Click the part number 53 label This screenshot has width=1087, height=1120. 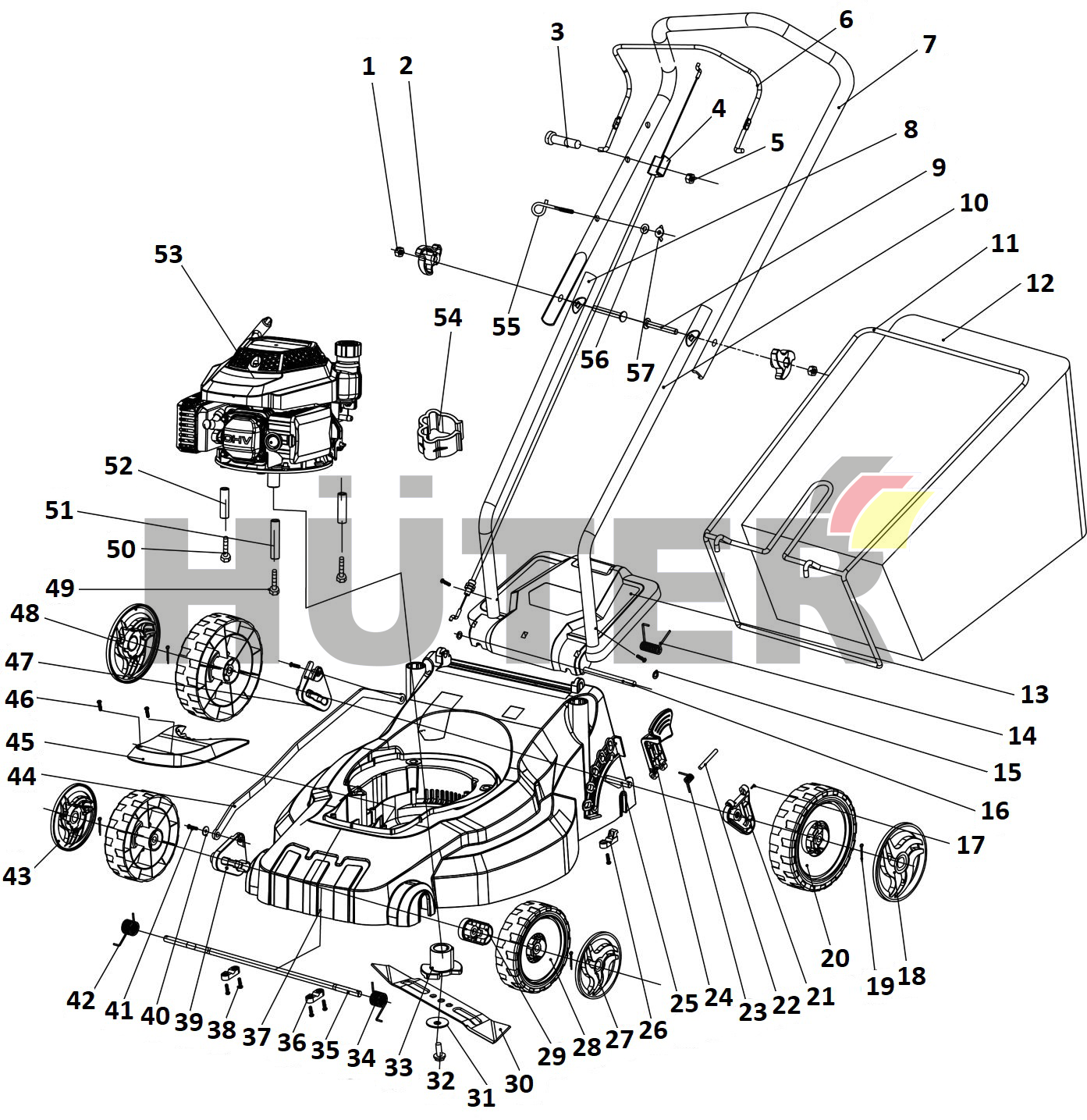(168, 254)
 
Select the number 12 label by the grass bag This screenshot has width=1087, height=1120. (1039, 283)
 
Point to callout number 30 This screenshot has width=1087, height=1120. (518, 1083)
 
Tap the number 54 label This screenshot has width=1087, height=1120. (448, 318)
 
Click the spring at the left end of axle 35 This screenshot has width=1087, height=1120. (130, 928)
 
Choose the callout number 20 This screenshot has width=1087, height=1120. (834, 958)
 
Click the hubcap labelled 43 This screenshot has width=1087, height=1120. (73, 816)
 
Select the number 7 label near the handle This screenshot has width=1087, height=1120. (929, 44)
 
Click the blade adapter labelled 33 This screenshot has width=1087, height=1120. (442, 958)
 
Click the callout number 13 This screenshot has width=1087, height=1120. (1035, 694)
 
